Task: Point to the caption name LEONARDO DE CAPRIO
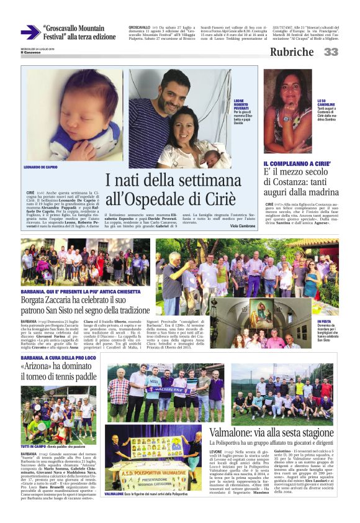[42, 168]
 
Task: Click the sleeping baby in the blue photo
[59, 115]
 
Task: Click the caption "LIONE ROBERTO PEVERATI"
[243, 102]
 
